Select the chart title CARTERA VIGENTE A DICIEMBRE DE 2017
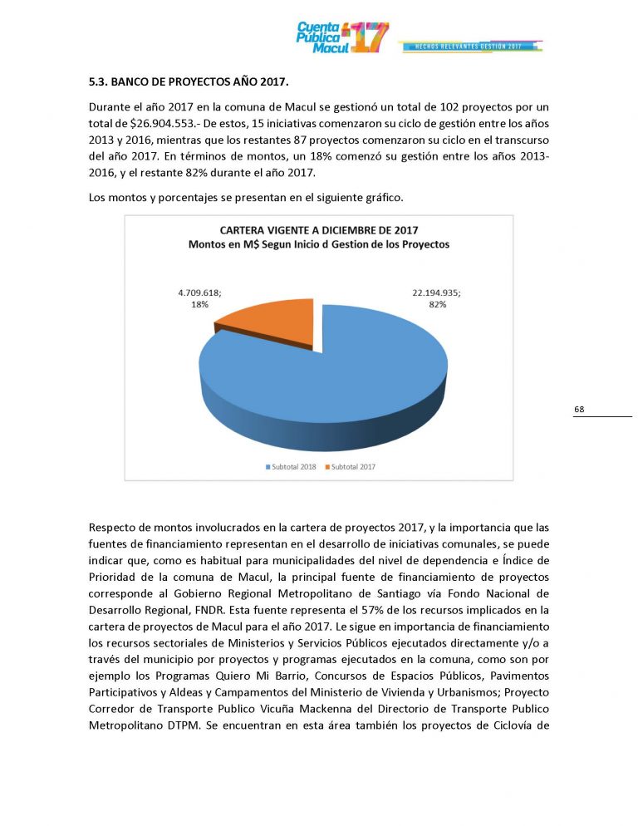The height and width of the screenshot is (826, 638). [x=318, y=230]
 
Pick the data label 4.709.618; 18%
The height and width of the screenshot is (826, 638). [x=200, y=299]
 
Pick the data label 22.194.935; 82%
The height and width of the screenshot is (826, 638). [x=437, y=299]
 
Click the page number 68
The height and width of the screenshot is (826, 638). [x=579, y=409]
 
